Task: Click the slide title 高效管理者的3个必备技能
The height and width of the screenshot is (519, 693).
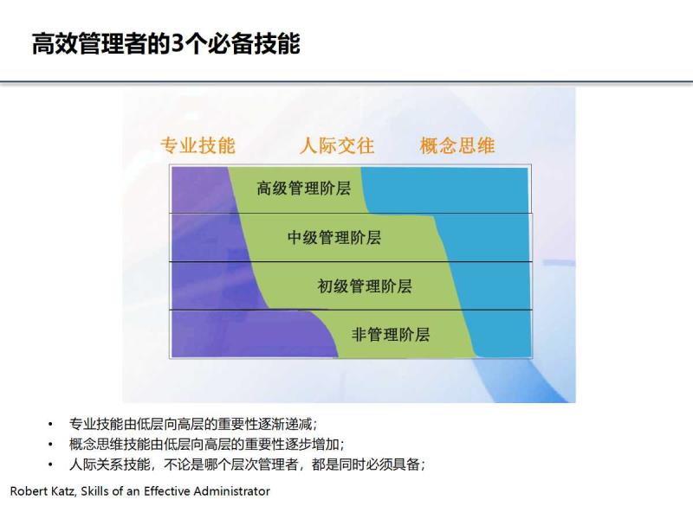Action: (x=165, y=44)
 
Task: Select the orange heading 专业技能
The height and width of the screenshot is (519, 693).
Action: (x=198, y=145)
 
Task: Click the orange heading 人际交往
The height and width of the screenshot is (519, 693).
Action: (x=337, y=145)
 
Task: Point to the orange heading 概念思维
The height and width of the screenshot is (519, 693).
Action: (x=457, y=145)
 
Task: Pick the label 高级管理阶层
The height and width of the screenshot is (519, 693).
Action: (x=304, y=188)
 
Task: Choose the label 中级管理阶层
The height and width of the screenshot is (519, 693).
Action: (x=334, y=237)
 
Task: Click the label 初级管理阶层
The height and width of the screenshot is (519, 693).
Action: (x=365, y=285)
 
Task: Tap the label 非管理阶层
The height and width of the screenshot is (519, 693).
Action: (x=391, y=334)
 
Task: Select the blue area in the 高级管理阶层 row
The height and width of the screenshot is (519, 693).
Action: (x=450, y=188)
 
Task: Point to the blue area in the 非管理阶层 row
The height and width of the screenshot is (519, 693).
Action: (x=502, y=334)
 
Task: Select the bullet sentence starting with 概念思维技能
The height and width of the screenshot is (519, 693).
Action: (x=207, y=445)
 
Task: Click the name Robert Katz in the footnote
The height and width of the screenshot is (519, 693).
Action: (x=42, y=491)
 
